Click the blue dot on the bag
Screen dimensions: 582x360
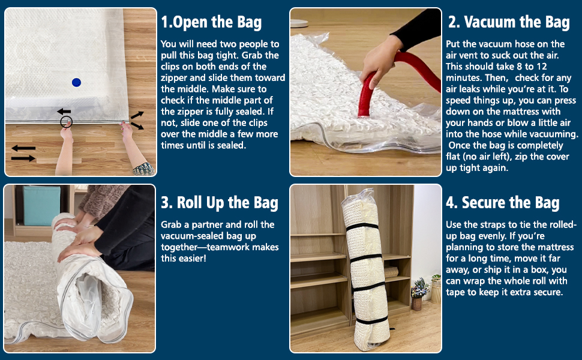[x=76, y=82]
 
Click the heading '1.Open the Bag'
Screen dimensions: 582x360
[x=211, y=22]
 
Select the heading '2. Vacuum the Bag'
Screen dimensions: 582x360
[x=509, y=22]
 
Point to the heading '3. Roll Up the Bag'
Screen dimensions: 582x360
[x=220, y=203]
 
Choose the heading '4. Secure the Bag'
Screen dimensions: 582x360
[x=503, y=203]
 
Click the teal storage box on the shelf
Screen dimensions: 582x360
[x=41, y=205]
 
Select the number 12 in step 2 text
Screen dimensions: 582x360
[x=542, y=67]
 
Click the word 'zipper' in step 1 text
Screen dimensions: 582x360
[x=175, y=78]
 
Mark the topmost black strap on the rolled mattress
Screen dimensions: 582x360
[x=362, y=227]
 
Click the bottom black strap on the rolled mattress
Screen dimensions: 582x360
[x=372, y=320]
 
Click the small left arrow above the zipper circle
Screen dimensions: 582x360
[x=64, y=111]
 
